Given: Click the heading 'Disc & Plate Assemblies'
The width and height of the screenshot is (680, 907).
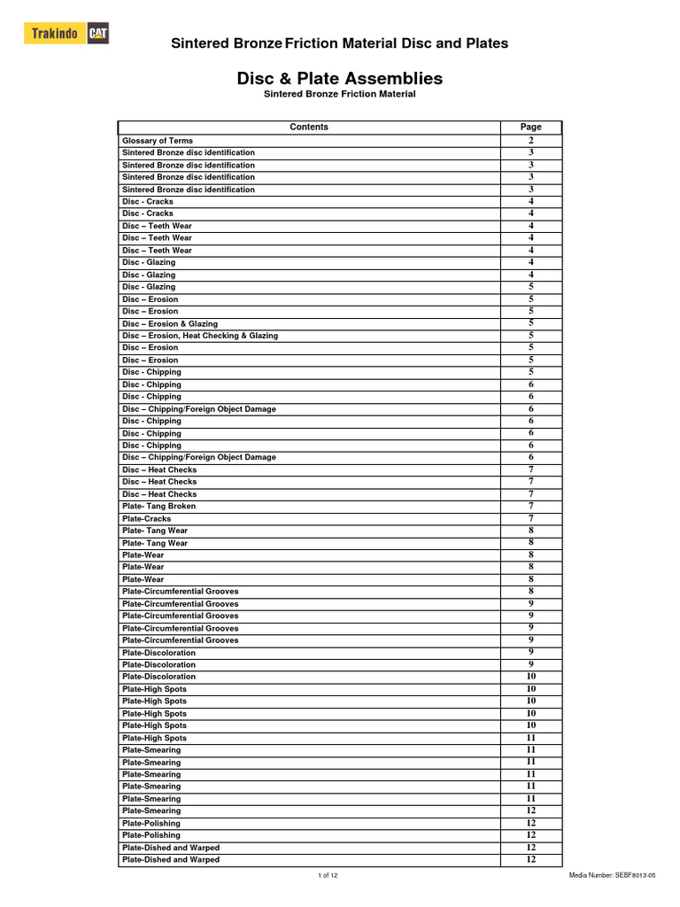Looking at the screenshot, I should click(340, 79).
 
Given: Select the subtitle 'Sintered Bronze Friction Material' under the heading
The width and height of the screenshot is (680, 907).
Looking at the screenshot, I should click(340, 94).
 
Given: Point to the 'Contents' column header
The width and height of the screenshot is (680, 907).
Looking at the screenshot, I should click(309, 127).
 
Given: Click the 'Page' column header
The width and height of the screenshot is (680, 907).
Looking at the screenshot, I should click(530, 127).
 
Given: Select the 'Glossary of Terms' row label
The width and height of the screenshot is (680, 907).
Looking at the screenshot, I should click(157, 141).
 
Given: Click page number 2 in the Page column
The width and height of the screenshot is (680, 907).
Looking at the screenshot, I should click(530, 141).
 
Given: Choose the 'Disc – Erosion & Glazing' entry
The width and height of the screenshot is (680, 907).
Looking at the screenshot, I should click(169, 324).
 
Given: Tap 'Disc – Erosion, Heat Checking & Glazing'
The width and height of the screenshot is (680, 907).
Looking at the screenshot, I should click(199, 336).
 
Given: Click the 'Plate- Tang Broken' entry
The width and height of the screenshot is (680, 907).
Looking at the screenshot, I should click(158, 507).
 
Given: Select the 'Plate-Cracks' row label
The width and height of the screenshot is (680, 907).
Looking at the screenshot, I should click(147, 519).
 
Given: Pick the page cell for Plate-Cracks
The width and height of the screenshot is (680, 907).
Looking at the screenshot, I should click(530, 519).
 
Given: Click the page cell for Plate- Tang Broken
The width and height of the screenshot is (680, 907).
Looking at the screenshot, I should click(530, 507).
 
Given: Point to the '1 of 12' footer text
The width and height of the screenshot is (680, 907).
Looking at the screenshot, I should click(328, 875).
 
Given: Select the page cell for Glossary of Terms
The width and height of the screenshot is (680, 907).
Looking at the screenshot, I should click(530, 141).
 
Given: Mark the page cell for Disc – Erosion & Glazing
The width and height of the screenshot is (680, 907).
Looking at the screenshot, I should click(530, 324).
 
